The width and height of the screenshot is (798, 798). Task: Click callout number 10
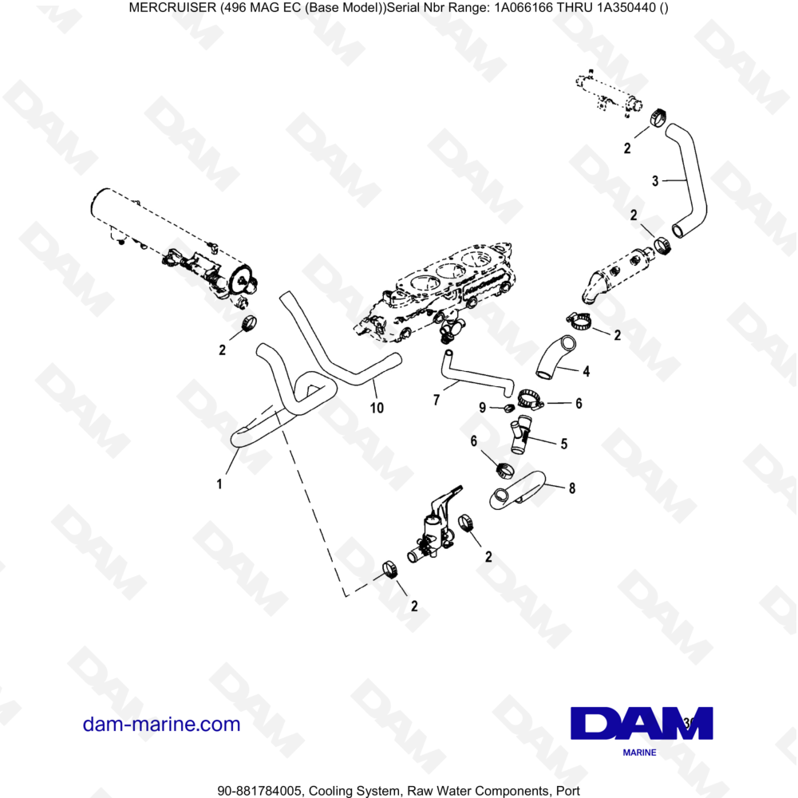point(377,408)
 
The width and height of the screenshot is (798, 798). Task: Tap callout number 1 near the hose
point(219,483)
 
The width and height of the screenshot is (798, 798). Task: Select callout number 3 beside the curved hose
point(655,181)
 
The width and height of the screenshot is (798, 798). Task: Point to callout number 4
point(587,371)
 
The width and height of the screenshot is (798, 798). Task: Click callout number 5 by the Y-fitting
point(563,444)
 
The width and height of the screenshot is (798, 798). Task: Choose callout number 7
point(437,400)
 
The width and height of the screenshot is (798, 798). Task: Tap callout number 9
point(482,408)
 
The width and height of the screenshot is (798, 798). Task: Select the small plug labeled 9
point(508,409)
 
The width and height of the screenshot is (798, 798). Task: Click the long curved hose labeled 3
point(688,180)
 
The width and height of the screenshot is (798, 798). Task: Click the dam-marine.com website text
point(161,725)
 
